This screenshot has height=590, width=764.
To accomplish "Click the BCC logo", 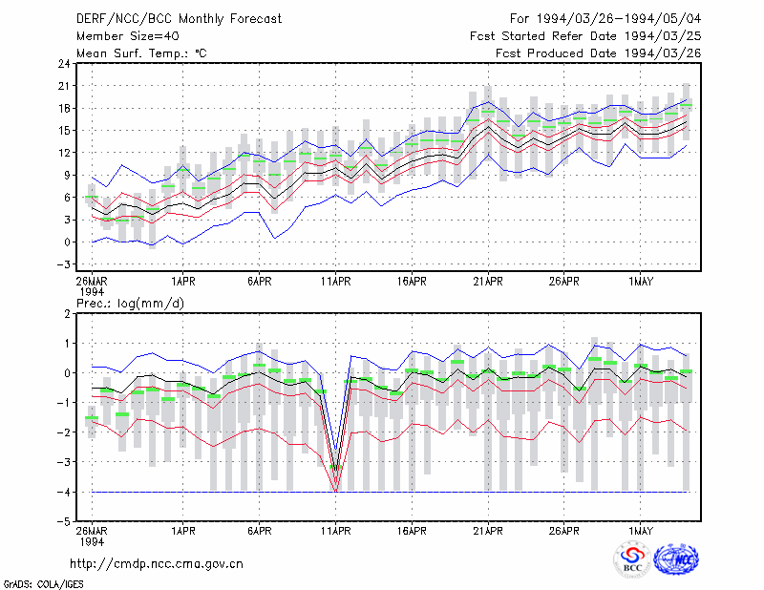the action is [x=632, y=560].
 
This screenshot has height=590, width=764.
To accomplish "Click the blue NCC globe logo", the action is [x=676, y=559].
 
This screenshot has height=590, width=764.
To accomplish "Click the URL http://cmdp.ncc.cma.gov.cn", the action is [x=157, y=564].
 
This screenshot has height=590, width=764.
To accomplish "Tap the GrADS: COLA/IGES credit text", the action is [x=43, y=584].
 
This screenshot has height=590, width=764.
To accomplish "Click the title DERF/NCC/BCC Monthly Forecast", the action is [x=179, y=19].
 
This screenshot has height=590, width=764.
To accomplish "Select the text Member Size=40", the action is [x=128, y=36].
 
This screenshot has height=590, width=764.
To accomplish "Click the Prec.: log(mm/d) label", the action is [x=130, y=304].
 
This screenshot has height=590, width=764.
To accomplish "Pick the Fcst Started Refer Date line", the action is [x=585, y=36].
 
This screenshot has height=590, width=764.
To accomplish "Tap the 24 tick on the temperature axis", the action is [x=64, y=63].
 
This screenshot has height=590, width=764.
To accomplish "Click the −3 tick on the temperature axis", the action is [x=64, y=264].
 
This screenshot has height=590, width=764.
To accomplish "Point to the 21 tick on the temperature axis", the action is [x=64, y=86].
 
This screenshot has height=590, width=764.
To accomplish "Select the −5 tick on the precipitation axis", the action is [x=64, y=521].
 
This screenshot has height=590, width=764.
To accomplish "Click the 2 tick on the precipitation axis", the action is [x=67, y=313].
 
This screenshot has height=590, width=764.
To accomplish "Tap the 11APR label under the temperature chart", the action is [x=336, y=282].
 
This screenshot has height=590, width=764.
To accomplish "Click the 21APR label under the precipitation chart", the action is [x=488, y=531].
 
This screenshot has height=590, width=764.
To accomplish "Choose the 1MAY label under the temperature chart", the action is [x=640, y=282].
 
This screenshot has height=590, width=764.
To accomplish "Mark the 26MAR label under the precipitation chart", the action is [x=92, y=531].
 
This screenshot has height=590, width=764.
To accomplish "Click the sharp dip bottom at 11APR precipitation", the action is [x=336, y=491].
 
